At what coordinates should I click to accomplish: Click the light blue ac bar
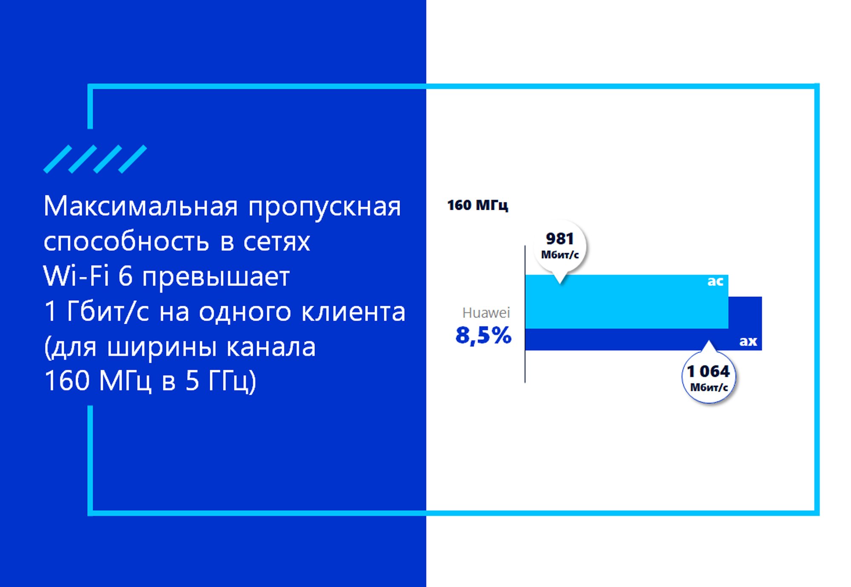(x=626, y=302)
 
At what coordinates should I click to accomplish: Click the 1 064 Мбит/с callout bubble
(x=709, y=376)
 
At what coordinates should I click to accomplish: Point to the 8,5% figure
(x=483, y=335)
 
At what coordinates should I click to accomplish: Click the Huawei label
(x=486, y=313)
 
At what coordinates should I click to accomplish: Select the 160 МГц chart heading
(x=477, y=205)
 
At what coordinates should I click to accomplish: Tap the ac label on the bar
(x=715, y=281)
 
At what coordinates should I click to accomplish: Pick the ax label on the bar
(x=748, y=341)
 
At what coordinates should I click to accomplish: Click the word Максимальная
(x=140, y=207)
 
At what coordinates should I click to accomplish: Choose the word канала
(x=271, y=347)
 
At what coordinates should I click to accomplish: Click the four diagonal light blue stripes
(x=95, y=159)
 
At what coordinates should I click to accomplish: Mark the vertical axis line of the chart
(x=525, y=314)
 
